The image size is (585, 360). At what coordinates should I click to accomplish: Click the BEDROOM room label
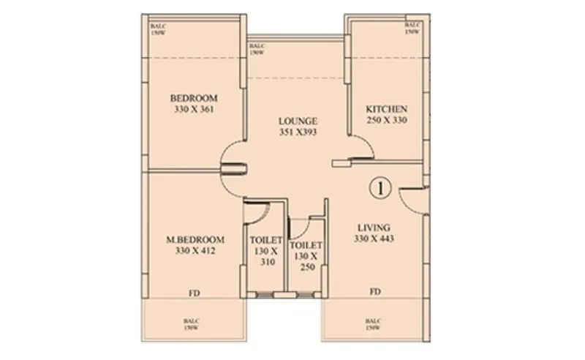pyautogui.click(x=194, y=98)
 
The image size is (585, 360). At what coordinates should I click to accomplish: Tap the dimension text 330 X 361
pyautogui.click(x=194, y=110)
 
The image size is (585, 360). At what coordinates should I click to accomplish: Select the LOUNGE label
pyautogui.click(x=296, y=121)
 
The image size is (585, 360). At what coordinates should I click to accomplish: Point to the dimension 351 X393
pyautogui.click(x=296, y=132)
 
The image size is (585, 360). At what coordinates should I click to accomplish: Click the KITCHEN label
pyautogui.click(x=386, y=109)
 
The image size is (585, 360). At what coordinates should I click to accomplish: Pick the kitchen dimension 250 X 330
pyautogui.click(x=386, y=121)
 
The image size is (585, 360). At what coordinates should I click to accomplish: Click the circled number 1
pyautogui.click(x=382, y=187)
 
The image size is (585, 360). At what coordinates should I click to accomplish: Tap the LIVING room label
pyautogui.click(x=374, y=228)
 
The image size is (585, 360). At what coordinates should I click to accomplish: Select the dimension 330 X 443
pyautogui.click(x=374, y=239)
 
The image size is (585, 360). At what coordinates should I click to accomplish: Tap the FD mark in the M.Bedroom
pyautogui.click(x=194, y=293)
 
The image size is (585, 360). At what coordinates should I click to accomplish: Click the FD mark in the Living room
pyautogui.click(x=374, y=292)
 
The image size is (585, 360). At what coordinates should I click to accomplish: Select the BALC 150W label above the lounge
pyautogui.click(x=256, y=49)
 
